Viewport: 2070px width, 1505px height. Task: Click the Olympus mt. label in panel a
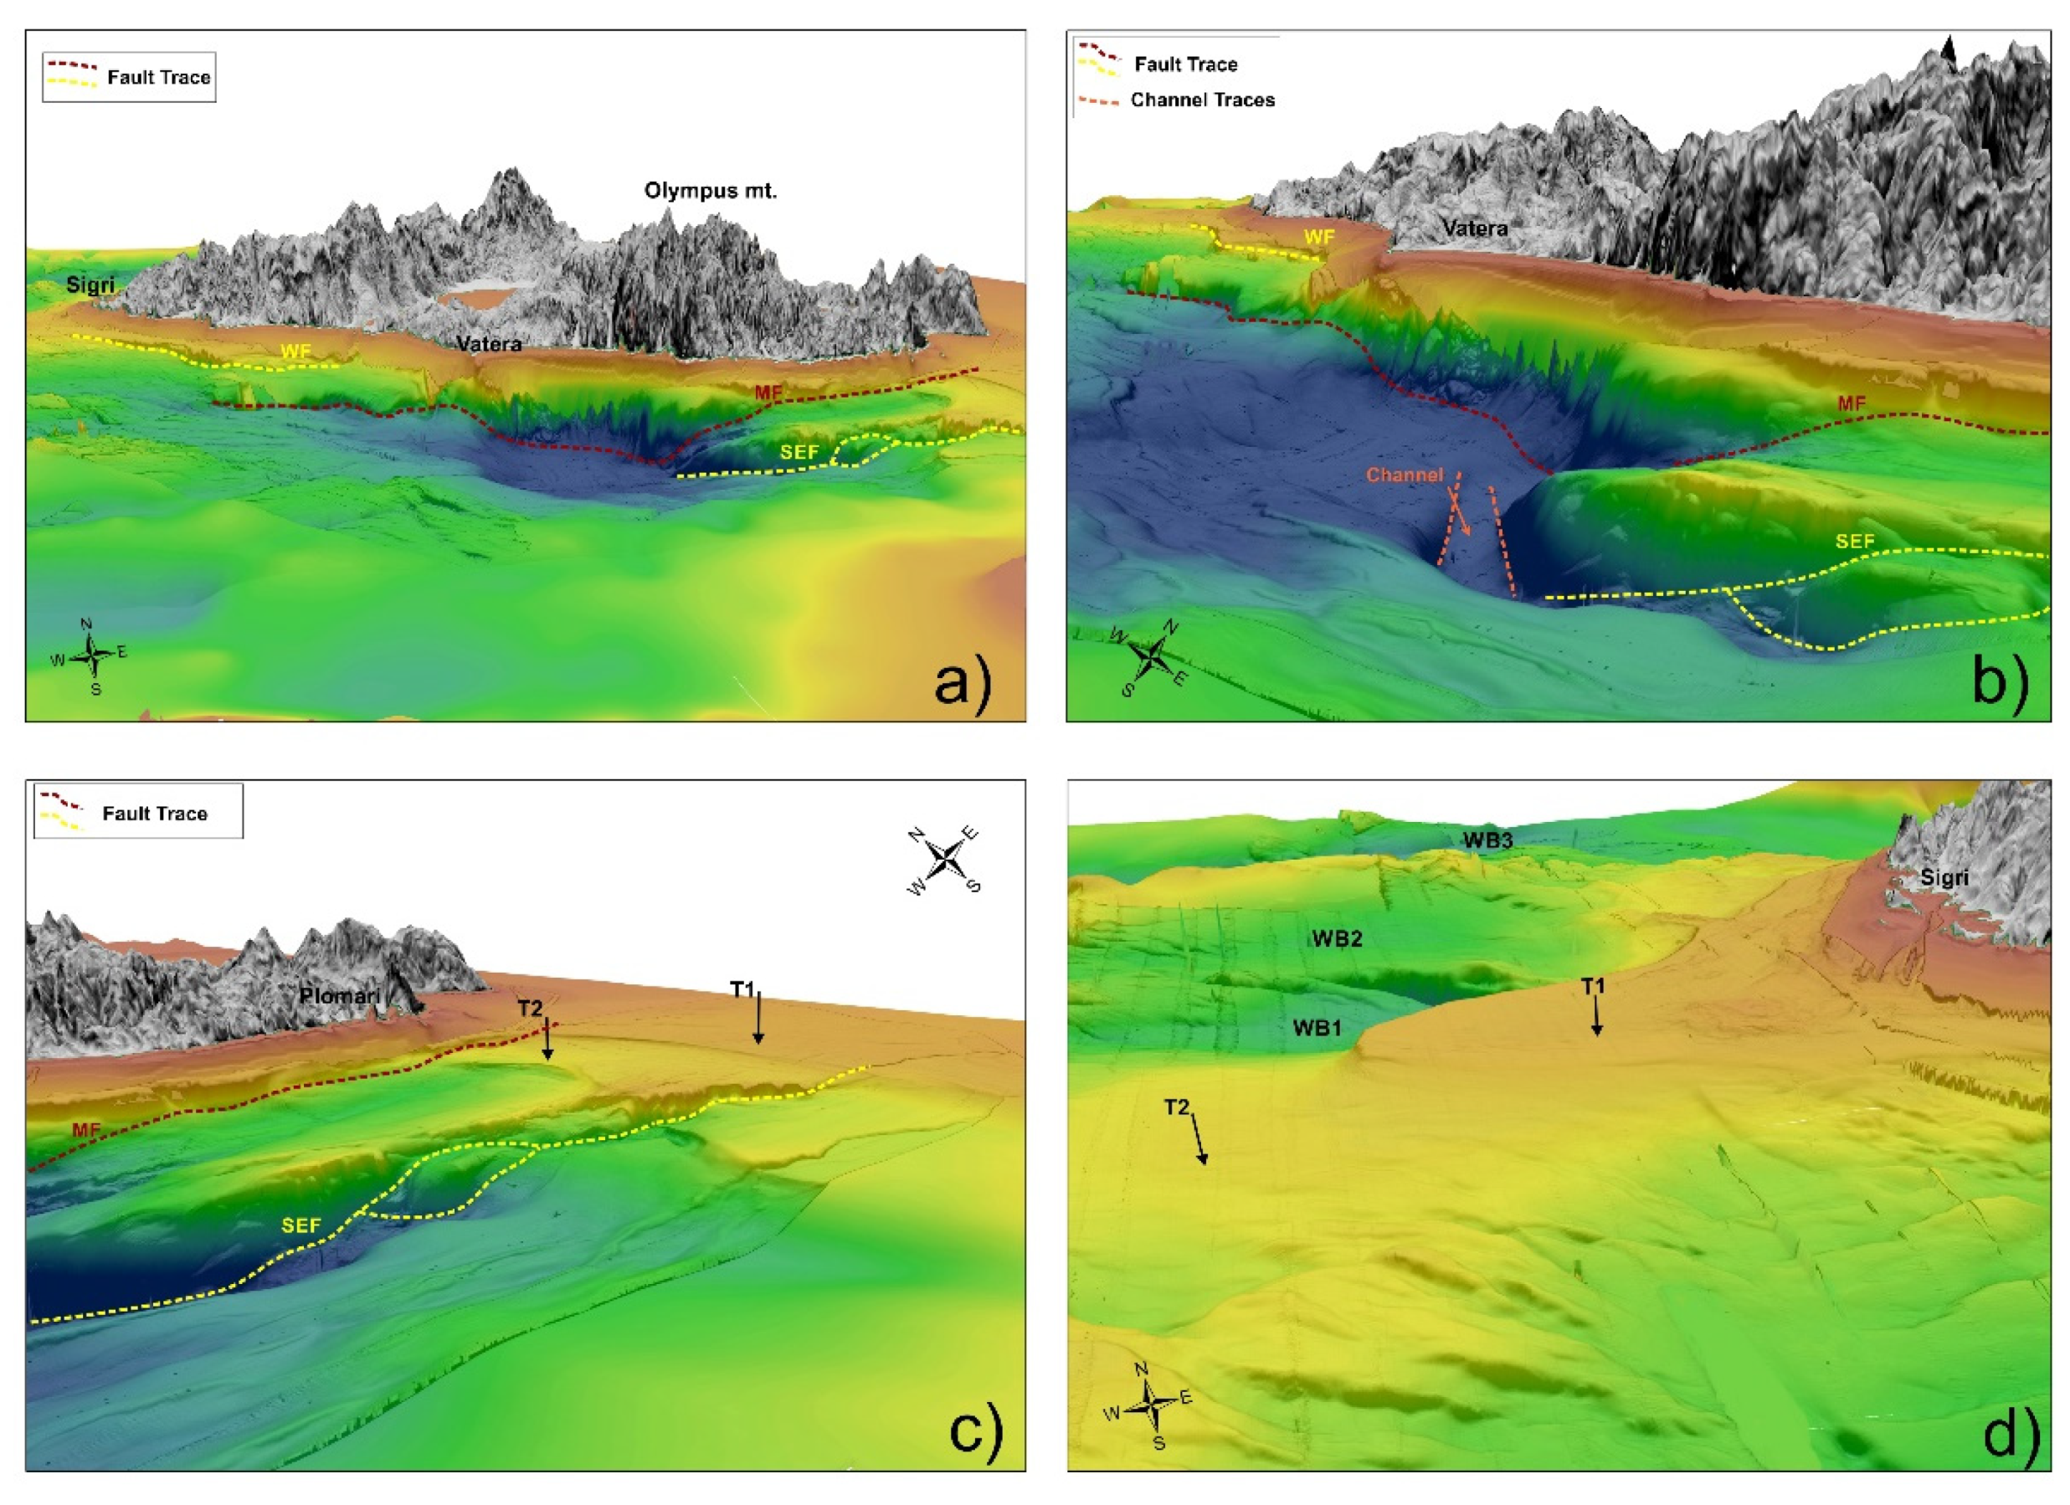(710, 191)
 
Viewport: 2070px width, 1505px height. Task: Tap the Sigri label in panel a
(90, 285)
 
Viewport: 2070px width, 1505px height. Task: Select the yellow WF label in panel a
(295, 352)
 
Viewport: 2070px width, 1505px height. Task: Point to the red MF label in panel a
(768, 393)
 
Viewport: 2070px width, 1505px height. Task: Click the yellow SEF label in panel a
(799, 452)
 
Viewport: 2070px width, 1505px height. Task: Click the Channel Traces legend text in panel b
(1202, 100)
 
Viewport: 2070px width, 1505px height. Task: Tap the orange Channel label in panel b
(1404, 475)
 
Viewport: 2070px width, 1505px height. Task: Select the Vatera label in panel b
(1474, 229)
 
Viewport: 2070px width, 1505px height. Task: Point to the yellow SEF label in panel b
(1855, 542)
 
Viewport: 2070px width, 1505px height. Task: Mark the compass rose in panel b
(1152, 655)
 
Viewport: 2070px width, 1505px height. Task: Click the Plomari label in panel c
(340, 996)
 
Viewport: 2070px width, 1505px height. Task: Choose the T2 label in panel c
(531, 1008)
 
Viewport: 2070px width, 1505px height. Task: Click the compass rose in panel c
(947, 859)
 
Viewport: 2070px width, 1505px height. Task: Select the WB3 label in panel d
(1488, 840)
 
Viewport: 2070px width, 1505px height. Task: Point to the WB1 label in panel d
(1316, 1028)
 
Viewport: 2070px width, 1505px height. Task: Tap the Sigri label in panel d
(1944, 878)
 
